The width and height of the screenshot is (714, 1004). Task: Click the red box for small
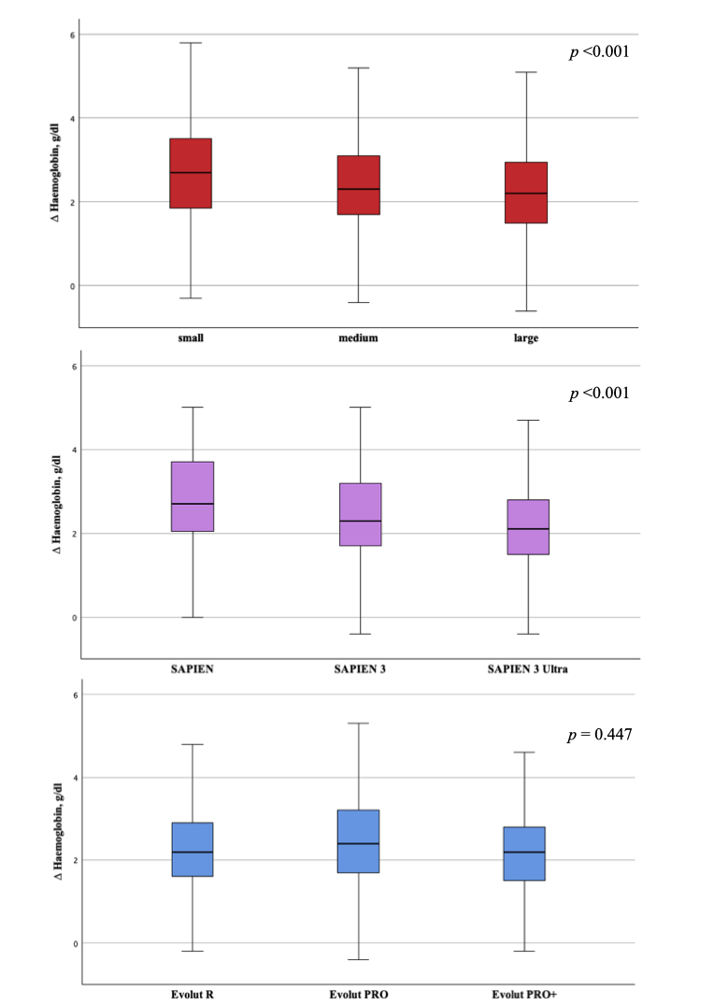191,173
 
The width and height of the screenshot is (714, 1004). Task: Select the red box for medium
359,185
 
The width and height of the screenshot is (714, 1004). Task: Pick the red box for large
526,193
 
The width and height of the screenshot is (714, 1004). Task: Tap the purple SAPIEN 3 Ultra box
528,527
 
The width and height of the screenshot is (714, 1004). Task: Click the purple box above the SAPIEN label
193,496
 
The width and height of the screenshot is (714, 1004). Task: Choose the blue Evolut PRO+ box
524,853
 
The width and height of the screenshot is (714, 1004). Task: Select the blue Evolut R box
192,850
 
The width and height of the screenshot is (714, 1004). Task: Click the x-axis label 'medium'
359,338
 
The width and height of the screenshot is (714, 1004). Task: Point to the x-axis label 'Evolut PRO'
358,995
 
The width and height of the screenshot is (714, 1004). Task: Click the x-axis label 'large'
526,338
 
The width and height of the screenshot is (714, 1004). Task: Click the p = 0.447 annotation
601,735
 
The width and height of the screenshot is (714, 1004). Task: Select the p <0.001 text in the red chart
599,52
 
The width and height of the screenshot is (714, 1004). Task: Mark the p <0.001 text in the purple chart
599,394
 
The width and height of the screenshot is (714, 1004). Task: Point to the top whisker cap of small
191,43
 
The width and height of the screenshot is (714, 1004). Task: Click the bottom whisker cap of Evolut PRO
358,960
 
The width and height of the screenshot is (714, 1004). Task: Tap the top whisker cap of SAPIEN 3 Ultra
528,421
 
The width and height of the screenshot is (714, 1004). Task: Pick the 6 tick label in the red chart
72,35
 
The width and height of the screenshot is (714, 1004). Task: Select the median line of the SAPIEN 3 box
360,521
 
